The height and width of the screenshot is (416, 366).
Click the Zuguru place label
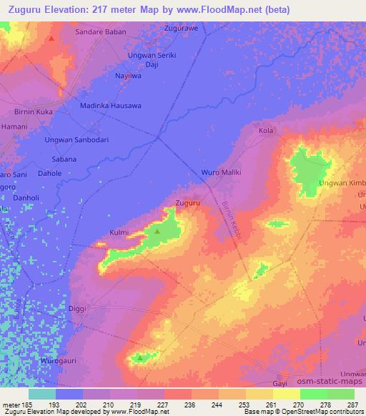187,203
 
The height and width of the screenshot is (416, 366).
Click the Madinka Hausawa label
110,106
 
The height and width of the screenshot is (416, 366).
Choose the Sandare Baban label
101,32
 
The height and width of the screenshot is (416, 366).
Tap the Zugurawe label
180,29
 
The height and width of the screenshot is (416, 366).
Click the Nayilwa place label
129,75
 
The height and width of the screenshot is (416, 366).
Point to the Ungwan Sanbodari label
76,140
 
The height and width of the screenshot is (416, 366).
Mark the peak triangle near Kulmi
157,231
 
